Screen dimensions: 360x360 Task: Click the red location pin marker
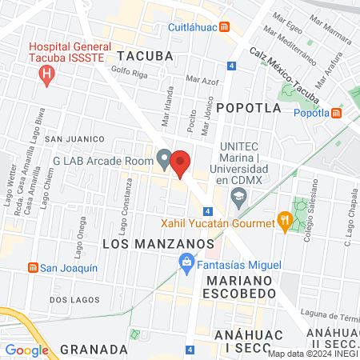point(181,163)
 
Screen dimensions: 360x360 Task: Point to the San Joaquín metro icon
point(33,266)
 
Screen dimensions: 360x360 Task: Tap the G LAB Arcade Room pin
point(163,159)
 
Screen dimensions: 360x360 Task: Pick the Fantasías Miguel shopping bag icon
point(186,262)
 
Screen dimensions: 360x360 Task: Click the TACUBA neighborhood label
point(144,55)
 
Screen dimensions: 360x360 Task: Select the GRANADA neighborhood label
point(94,350)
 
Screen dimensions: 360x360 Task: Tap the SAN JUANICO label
point(74,139)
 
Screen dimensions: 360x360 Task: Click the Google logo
point(26,350)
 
